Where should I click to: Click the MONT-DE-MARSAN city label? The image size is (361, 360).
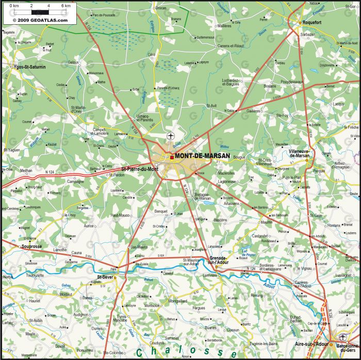202,156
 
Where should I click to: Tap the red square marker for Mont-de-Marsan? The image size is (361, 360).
172,157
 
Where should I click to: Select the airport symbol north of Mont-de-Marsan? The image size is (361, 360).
171,135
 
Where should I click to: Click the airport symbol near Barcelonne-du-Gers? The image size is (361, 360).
342,337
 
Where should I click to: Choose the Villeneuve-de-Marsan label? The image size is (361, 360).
306,153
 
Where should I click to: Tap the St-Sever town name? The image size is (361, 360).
106,278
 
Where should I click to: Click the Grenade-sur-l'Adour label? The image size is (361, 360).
218,261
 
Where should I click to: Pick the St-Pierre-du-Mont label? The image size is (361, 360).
140,169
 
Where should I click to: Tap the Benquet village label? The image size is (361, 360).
161,211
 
